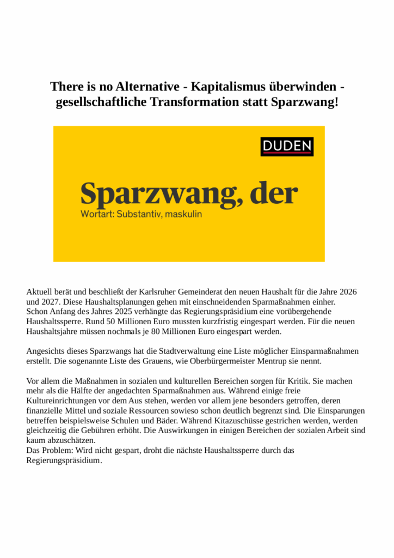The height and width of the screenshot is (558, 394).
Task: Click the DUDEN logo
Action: click(287, 146)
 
